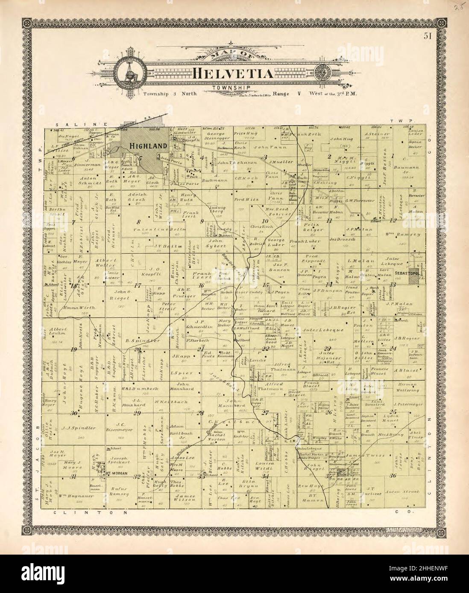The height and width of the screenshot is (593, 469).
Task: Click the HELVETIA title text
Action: pyautogui.click(x=234, y=73)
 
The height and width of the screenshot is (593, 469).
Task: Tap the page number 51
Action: pyautogui.click(x=427, y=36)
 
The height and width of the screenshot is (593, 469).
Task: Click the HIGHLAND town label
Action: pyautogui.click(x=147, y=146)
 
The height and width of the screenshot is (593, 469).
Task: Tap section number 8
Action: pyautogui.click(x=138, y=221)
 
